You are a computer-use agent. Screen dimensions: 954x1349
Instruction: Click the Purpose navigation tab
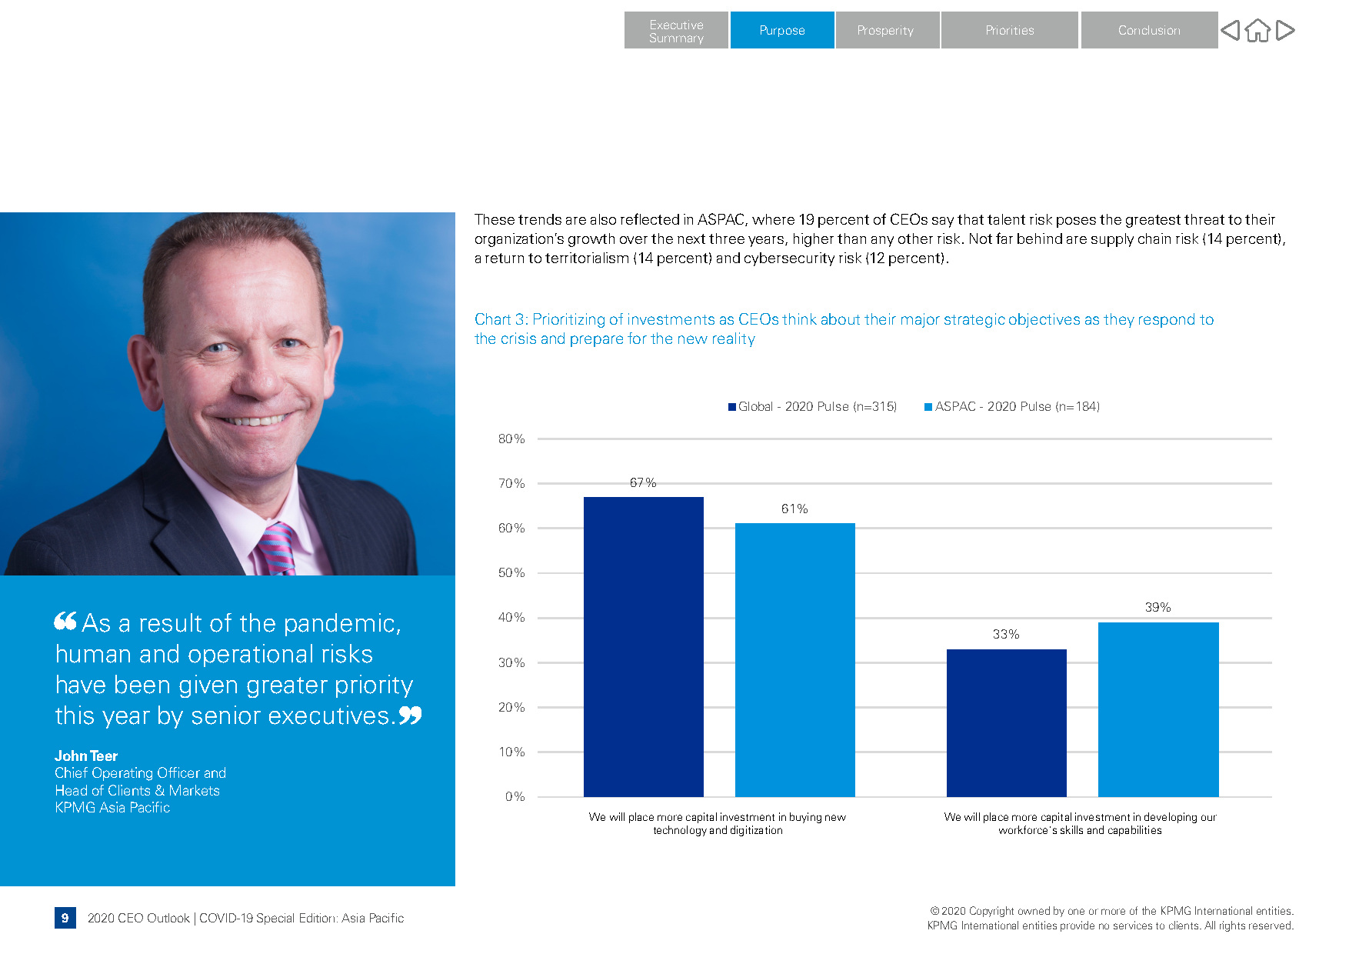tap(781, 30)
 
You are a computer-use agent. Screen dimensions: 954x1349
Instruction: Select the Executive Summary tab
tap(675, 31)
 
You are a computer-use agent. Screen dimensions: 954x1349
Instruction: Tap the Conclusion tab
tap(1148, 30)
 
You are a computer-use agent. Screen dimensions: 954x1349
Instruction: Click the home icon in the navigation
tap(1257, 31)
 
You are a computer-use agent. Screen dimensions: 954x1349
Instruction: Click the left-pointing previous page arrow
tap(1231, 31)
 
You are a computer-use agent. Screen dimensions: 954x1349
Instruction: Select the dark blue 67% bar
tap(643, 646)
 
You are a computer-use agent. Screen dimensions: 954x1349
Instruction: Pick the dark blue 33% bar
tap(1006, 722)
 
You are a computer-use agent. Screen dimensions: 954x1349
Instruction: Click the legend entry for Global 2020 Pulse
tap(812, 406)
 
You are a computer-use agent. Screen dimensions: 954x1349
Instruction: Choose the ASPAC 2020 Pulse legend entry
tap(1012, 406)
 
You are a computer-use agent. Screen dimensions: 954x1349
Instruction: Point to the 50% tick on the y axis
tap(511, 573)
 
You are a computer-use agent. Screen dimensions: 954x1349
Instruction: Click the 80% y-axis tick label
tap(511, 439)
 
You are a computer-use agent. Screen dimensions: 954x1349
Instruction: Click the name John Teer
tap(86, 756)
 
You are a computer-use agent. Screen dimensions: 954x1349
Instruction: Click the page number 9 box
tap(65, 918)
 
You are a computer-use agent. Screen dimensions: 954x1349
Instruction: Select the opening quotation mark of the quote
tap(65, 620)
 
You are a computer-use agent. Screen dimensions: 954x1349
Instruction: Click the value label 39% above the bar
tap(1157, 607)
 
